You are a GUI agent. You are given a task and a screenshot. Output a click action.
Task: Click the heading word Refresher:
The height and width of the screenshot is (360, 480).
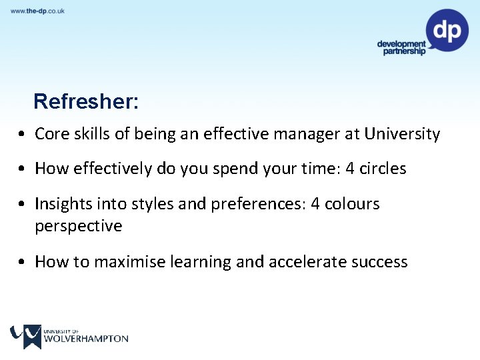[x=86, y=101]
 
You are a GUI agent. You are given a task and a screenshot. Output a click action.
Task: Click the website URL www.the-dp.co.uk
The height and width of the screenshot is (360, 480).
[x=37, y=11]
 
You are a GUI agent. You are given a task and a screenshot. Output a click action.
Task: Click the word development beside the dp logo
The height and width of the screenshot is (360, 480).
[x=401, y=44]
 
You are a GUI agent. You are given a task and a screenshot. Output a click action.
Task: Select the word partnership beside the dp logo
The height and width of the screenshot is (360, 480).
[x=404, y=52]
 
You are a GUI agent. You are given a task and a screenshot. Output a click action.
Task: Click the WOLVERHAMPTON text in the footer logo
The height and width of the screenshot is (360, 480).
[x=85, y=339]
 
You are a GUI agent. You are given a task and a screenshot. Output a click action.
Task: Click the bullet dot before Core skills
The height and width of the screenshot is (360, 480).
[x=23, y=135]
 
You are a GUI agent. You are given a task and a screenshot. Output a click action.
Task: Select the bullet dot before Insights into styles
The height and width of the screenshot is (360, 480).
[x=23, y=204]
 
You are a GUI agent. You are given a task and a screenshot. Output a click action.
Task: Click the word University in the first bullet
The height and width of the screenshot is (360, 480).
[x=402, y=134]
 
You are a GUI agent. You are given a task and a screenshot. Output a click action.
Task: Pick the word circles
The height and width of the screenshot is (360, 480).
[x=383, y=169]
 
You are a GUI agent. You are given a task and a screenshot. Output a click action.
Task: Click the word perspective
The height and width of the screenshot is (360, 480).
[x=79, y=226]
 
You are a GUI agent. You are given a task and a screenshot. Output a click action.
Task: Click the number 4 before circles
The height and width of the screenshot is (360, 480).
[x=350, y=169]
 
